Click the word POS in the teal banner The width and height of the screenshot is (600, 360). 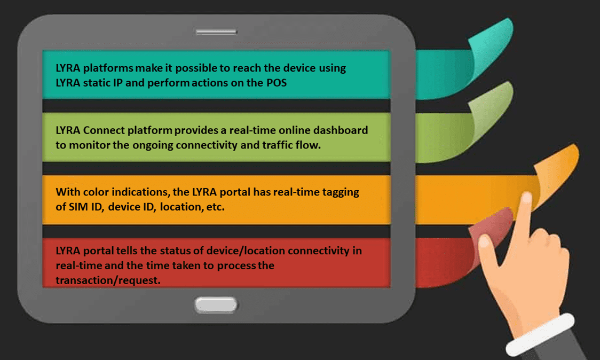tap(277, 83)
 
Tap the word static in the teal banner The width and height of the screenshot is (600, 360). tap(97, 83)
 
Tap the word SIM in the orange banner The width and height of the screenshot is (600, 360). tap(78, 207)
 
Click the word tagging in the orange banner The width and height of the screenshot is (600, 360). tap(341, 192)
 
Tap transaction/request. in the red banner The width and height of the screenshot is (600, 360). tap(108, 280)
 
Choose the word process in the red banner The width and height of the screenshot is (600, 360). tap(236, 266)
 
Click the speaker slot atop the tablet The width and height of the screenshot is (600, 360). tap(216, 32)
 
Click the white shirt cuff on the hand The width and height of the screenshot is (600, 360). tap(540, 335)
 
